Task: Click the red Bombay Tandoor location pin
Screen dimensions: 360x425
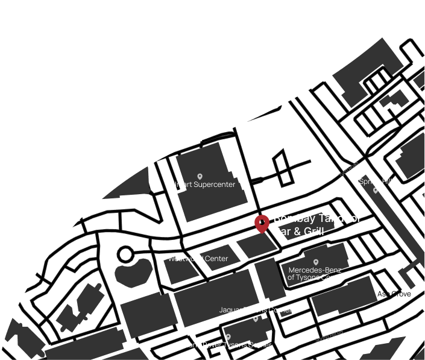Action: pos(262,223)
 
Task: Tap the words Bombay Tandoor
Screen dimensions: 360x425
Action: pos(317,218)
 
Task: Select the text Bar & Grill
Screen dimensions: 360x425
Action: pos(299,231)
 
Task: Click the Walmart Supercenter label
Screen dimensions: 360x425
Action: pos(200,185)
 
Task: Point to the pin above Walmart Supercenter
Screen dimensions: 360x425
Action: pos(200,177)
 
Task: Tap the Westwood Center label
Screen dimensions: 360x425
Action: pos(198,259)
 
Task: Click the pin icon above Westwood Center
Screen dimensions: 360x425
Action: pos(198,251)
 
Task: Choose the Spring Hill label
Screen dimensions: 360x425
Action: pos(376,181)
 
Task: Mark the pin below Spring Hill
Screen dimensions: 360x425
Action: pos(376,190)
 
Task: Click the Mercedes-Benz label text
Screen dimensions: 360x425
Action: pos(316,270)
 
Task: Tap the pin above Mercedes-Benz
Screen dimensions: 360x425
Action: pos(316,262)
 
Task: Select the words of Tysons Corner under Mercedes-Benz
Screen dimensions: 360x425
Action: pos(316,277)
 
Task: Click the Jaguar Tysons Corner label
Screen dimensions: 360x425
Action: pos(255,310)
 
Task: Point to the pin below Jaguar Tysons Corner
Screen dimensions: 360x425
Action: pos(256,318)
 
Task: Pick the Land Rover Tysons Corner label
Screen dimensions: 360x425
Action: pos(228,345)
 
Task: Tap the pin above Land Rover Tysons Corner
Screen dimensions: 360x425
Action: pos(228,337)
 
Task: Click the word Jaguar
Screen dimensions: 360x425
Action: pos(230,310)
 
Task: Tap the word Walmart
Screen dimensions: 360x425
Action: pos(177,185)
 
